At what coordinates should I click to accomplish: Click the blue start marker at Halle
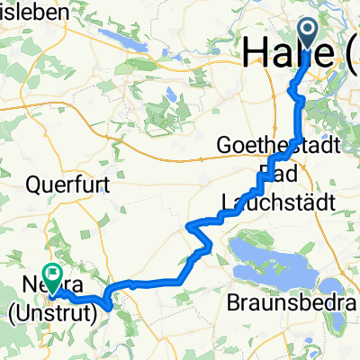pos(306,35)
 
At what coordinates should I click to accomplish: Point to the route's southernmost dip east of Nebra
pos(109,307)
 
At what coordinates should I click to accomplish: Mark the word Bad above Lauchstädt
pos(274,172)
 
